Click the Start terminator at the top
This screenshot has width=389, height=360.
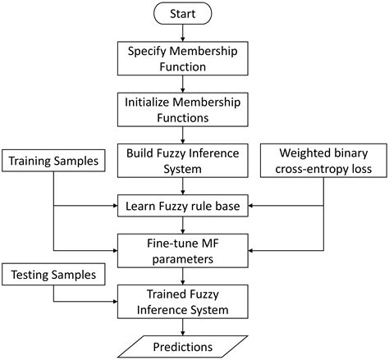[183, 14]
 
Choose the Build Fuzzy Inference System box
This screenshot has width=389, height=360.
[183, 161]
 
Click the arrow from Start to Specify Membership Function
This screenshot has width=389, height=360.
[183, 33]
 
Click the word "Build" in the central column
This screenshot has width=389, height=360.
[142, 153]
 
